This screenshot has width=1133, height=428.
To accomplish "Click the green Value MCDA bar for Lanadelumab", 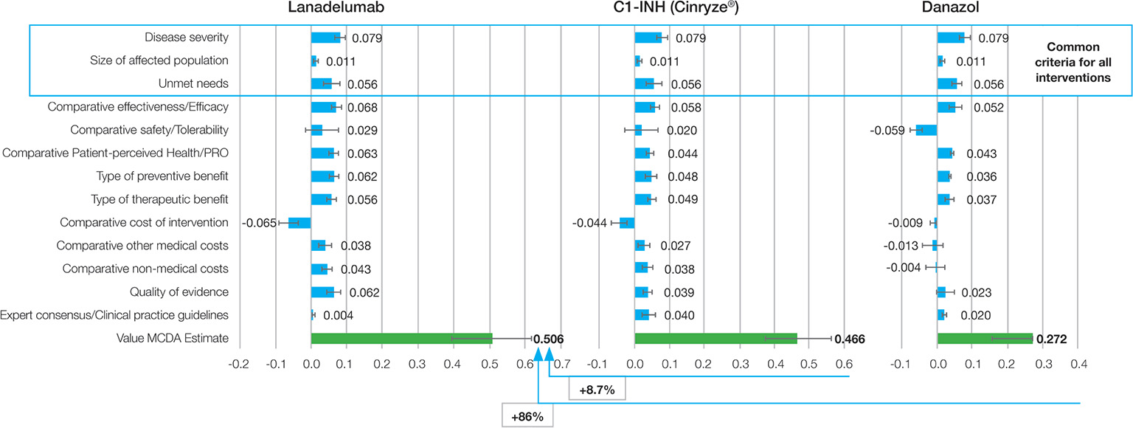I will tap(401, 339).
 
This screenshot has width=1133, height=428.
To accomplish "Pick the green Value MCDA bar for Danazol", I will tap(985, 339).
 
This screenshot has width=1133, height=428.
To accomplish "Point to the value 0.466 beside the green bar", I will tap(849, 339).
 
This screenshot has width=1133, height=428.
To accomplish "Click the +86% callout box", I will tap(527, 417).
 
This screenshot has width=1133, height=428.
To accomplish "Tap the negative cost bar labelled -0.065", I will tap(299, 223).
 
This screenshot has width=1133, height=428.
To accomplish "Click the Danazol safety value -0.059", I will tap(889, 131).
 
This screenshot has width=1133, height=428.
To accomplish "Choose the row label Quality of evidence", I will tap(179, 292).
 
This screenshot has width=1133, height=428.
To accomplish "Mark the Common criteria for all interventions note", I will tap(1073, 61).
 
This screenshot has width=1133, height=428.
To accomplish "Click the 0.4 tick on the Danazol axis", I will tap(1078, 365).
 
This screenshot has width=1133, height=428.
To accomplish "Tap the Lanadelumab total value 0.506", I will tap(549, 339).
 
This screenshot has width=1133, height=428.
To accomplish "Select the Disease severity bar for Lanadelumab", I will tap(325, 38).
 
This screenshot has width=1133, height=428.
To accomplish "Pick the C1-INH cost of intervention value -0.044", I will tap(589, 223).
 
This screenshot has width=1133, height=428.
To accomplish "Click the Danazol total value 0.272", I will tap(1052, 339).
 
